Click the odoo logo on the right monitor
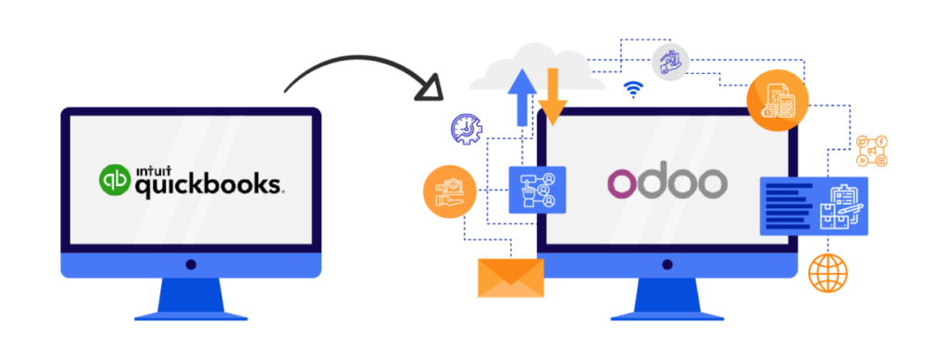(667, 181)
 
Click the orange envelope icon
(510, 278)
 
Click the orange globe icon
(827, 273)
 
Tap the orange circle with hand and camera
(449, 191)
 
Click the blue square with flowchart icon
(536, 190)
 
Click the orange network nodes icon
(871, 150)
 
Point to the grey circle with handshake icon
(669, 61)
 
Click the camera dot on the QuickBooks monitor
(191, 265)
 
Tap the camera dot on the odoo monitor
(667, 265)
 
